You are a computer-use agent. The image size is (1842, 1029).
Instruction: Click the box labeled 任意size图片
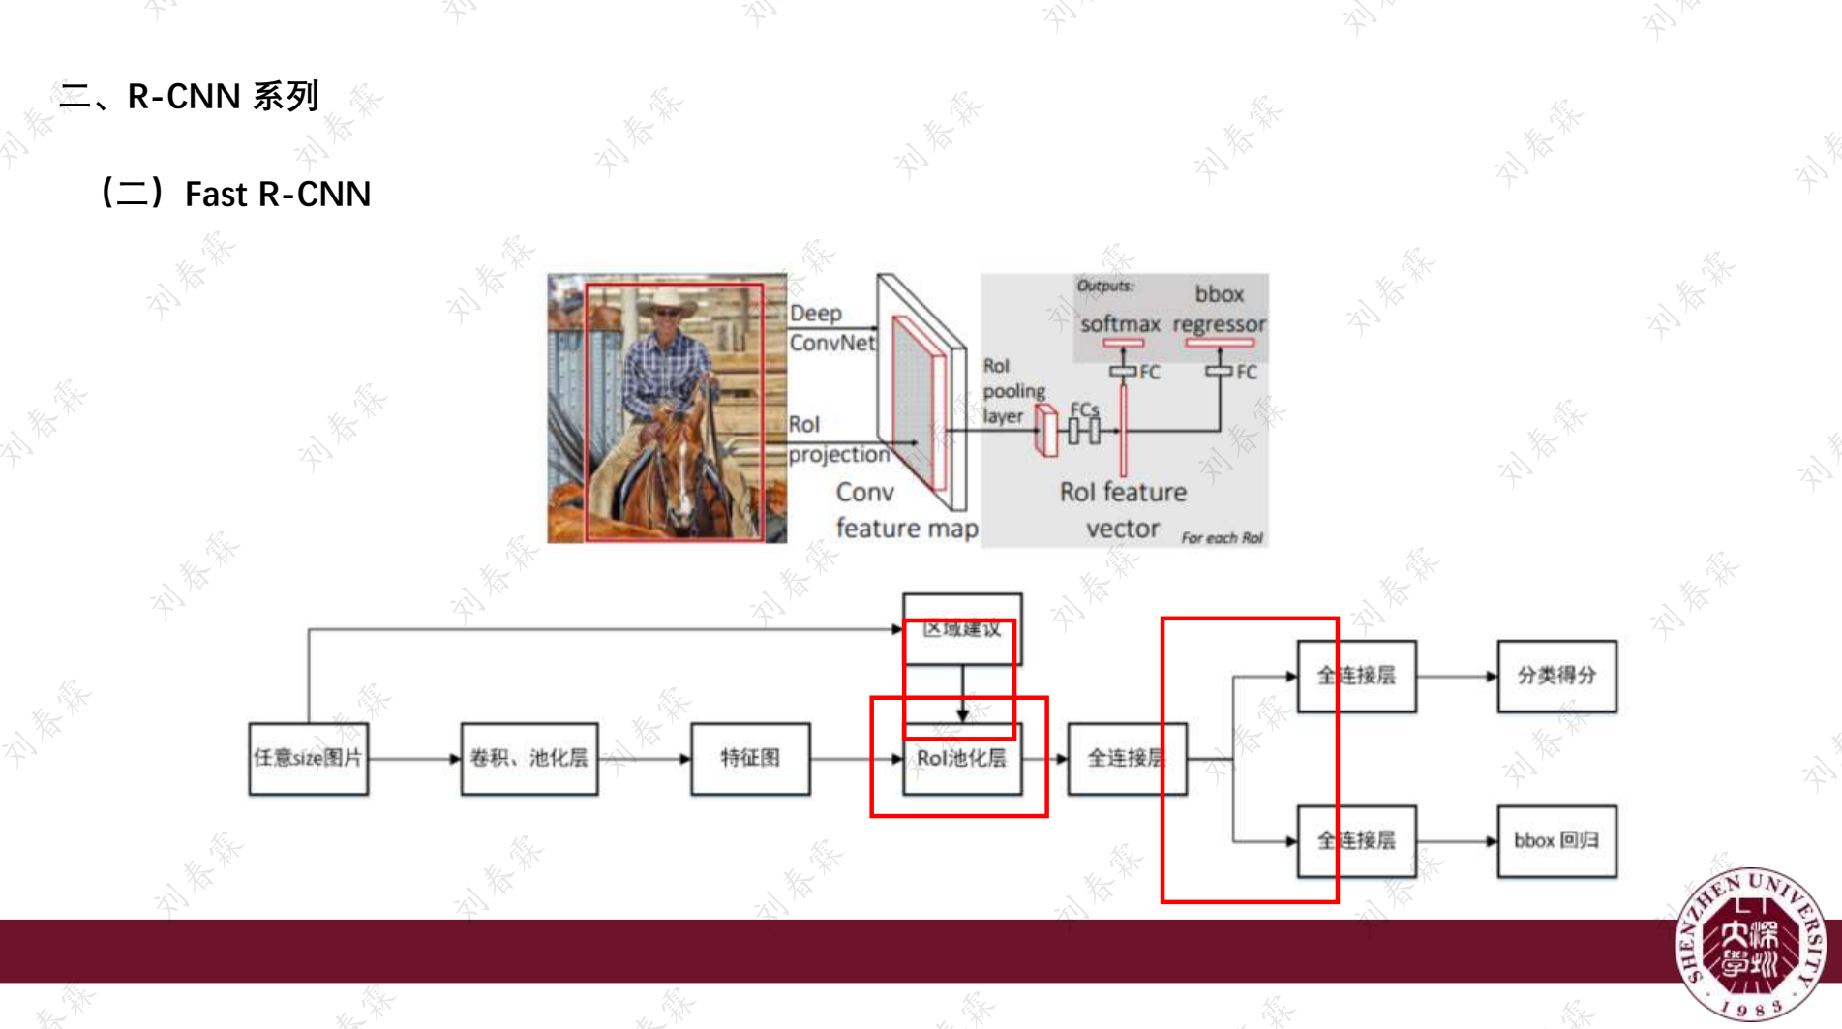(308, 759)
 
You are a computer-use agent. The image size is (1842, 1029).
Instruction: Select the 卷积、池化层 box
(528, 759)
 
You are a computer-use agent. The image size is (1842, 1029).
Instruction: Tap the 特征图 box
(750, 759)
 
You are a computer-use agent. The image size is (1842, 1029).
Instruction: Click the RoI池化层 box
(961, 759)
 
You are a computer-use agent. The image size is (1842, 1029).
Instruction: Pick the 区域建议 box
(961, 629)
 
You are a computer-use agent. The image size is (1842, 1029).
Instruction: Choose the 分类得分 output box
(1556, 676)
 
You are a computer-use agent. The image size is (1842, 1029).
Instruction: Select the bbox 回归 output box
(1556, 841)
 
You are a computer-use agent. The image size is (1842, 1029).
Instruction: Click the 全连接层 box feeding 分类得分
(1356, 676)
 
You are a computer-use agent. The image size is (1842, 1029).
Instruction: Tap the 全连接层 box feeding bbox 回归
(1356, 841)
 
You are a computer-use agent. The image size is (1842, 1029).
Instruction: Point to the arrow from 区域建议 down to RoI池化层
(962, 694)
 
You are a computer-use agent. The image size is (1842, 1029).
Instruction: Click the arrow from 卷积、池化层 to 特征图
(644, 759)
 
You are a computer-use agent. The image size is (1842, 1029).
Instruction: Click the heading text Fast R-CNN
(277, 194)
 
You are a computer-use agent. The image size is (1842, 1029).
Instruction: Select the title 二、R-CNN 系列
(189, 96)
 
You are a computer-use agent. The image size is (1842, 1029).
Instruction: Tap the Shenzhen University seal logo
(1751, 944)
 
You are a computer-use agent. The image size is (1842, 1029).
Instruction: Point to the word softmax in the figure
(1120, 324)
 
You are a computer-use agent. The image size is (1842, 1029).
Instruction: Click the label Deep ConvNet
(830, 328)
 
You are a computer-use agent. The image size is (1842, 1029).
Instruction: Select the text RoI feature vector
(1123, 510)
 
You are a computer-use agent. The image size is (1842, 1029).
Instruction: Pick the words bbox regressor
(1219, 309)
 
